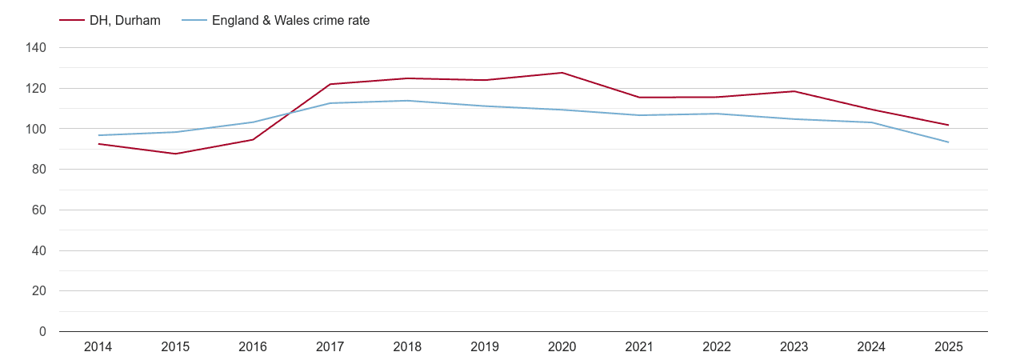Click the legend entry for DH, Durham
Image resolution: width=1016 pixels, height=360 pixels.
[125, 21]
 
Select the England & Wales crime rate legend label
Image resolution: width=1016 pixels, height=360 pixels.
[290, 21]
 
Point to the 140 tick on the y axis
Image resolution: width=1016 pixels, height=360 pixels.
[37, 48]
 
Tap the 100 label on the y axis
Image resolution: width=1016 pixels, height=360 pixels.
[37, 129]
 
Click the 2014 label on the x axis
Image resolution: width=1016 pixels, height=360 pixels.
[98, 346]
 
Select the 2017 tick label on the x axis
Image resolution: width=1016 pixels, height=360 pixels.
[330, 346]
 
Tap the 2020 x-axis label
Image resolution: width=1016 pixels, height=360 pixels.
[562, 346]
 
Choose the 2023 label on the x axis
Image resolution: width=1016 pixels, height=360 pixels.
[794, 346]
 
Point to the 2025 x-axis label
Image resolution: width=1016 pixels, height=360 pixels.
[948, 346]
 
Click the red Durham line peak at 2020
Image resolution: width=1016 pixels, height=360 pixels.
[562, 73]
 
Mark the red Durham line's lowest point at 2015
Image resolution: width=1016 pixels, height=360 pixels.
[175, 154]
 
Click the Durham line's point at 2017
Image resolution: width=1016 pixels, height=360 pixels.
[330, 84]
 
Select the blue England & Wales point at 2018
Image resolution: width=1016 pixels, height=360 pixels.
[407, 101]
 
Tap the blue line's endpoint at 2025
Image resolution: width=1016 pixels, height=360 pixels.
[948, 142]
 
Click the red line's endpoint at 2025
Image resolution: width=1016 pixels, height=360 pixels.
[948, 125]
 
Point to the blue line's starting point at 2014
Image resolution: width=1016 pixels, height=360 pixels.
[98, 135]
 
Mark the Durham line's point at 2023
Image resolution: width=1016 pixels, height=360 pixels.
[794, 91]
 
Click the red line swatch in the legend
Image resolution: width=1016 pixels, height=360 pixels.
[72, 21]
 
